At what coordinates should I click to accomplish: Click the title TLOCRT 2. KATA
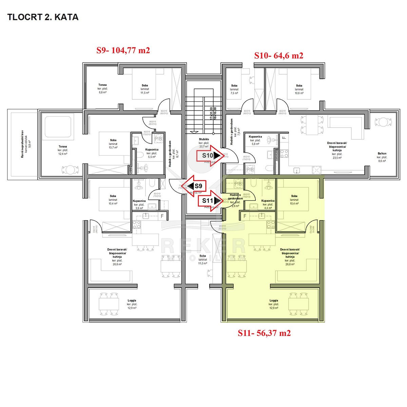point(43,17)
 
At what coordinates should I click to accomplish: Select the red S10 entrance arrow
point(211,156)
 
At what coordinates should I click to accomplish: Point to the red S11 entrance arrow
point(211,200)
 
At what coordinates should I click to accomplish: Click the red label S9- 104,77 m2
point(123,51)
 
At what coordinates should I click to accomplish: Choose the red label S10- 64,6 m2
point(279,56)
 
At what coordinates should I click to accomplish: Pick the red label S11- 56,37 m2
point(264,333)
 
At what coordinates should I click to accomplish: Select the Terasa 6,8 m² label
point(102,88)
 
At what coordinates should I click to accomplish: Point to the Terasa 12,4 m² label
point(62,150)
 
